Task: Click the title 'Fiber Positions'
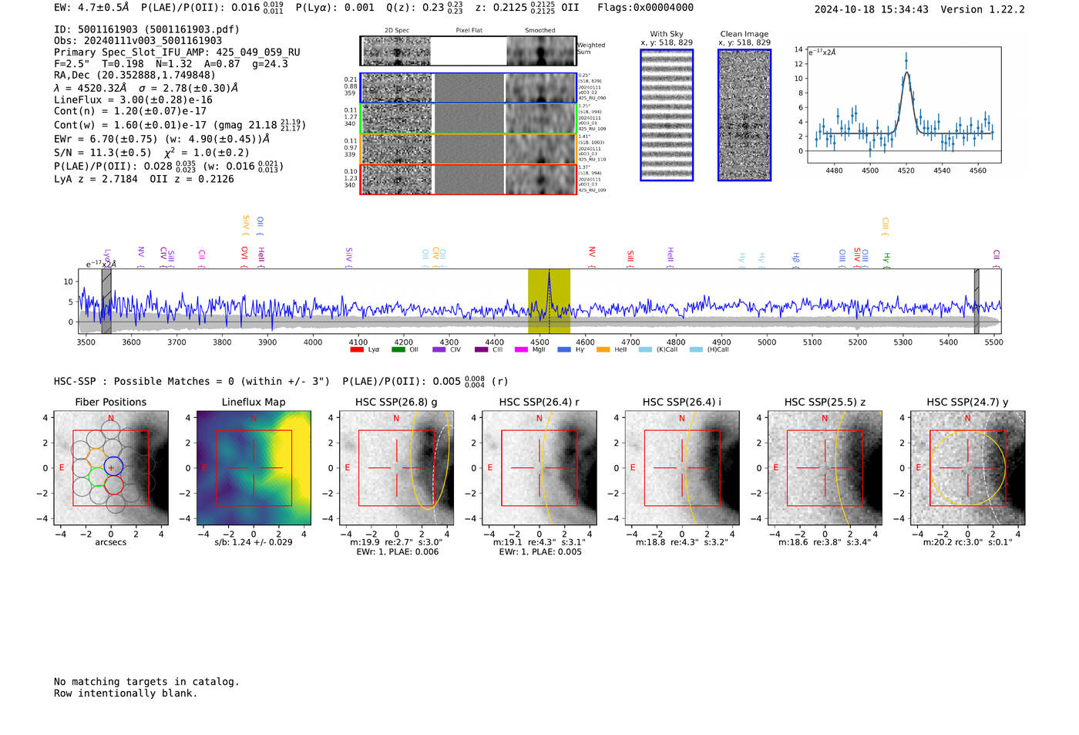click(x=110, y=402)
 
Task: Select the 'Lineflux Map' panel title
click(x=254, y=402)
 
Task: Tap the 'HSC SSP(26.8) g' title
click(x=396, y=402)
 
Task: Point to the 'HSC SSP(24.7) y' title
click(x=967, y=402)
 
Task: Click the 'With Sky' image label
click(x=667, y=34)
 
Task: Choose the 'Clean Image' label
click(x=744, y=34)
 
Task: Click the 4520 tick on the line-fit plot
click(x=906, y=170)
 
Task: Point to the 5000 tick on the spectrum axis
click(x=767, y=342)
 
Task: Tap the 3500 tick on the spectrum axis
click(x=86, y=342)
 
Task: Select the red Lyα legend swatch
click(x=357, y=350)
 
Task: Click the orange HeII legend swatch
click(x=603, y=350)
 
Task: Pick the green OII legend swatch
click(x=398, y=350)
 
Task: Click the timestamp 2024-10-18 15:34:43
click(x=871, y=10)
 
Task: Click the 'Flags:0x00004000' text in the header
click(x=645, y=8)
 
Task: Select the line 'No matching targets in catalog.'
click(x=146, y=682)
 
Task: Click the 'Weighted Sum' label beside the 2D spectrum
click(x=590, y=49)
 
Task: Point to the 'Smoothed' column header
click(x=539, y=31)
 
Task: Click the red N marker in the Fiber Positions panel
click(x=111, y=419)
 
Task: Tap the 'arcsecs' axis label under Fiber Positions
click(x=110, y=542)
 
